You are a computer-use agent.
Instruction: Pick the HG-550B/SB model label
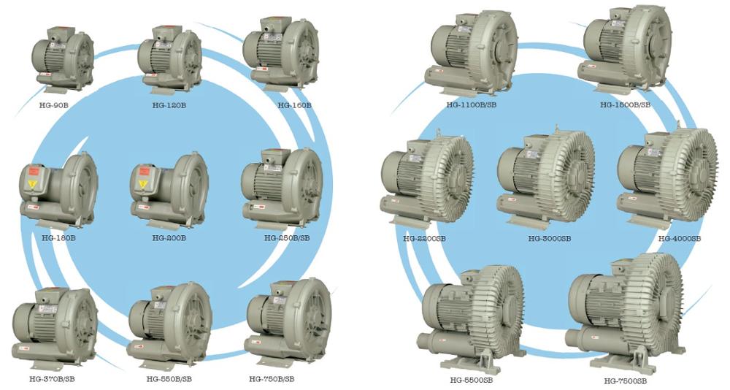[x=169, y=378]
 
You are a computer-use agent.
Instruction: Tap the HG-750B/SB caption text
[x=272, y=378]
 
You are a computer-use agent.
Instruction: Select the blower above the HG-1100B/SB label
[x=472, y=55]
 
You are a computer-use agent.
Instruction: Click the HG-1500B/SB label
[x=625, y=104]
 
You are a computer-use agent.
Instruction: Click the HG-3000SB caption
[x=550, y=238]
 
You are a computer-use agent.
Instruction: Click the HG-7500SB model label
[x=625, y=381]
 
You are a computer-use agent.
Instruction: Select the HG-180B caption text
[x=58, y=238]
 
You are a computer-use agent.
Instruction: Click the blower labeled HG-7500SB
[x=624, y=310]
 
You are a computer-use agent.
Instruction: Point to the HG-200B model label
[x=169, y=238]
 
